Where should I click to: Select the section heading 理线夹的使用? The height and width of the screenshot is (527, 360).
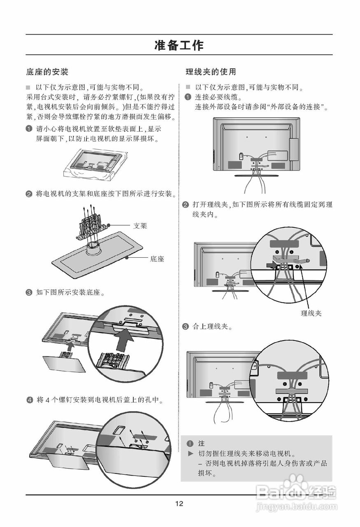click(x=211, y=72)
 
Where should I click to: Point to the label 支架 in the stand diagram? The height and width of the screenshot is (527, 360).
click(x=140, y=226)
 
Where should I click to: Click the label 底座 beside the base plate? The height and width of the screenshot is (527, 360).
click(x=157, y=259)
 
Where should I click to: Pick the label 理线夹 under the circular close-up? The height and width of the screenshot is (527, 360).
click(x=311, y=313)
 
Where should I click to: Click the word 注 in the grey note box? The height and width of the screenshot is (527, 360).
click(x=201, y=444)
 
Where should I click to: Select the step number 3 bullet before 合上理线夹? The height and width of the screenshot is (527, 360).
click(x=186, y=327)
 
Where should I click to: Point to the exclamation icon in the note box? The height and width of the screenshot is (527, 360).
click(x=189, y=444)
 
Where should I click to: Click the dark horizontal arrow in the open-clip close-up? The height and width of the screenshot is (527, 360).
click(x=270, y=266)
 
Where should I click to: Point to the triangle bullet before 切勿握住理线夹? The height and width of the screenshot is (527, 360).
click(x=190, y=454)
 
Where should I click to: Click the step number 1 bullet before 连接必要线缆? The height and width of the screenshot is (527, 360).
click(x=188, y=97)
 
